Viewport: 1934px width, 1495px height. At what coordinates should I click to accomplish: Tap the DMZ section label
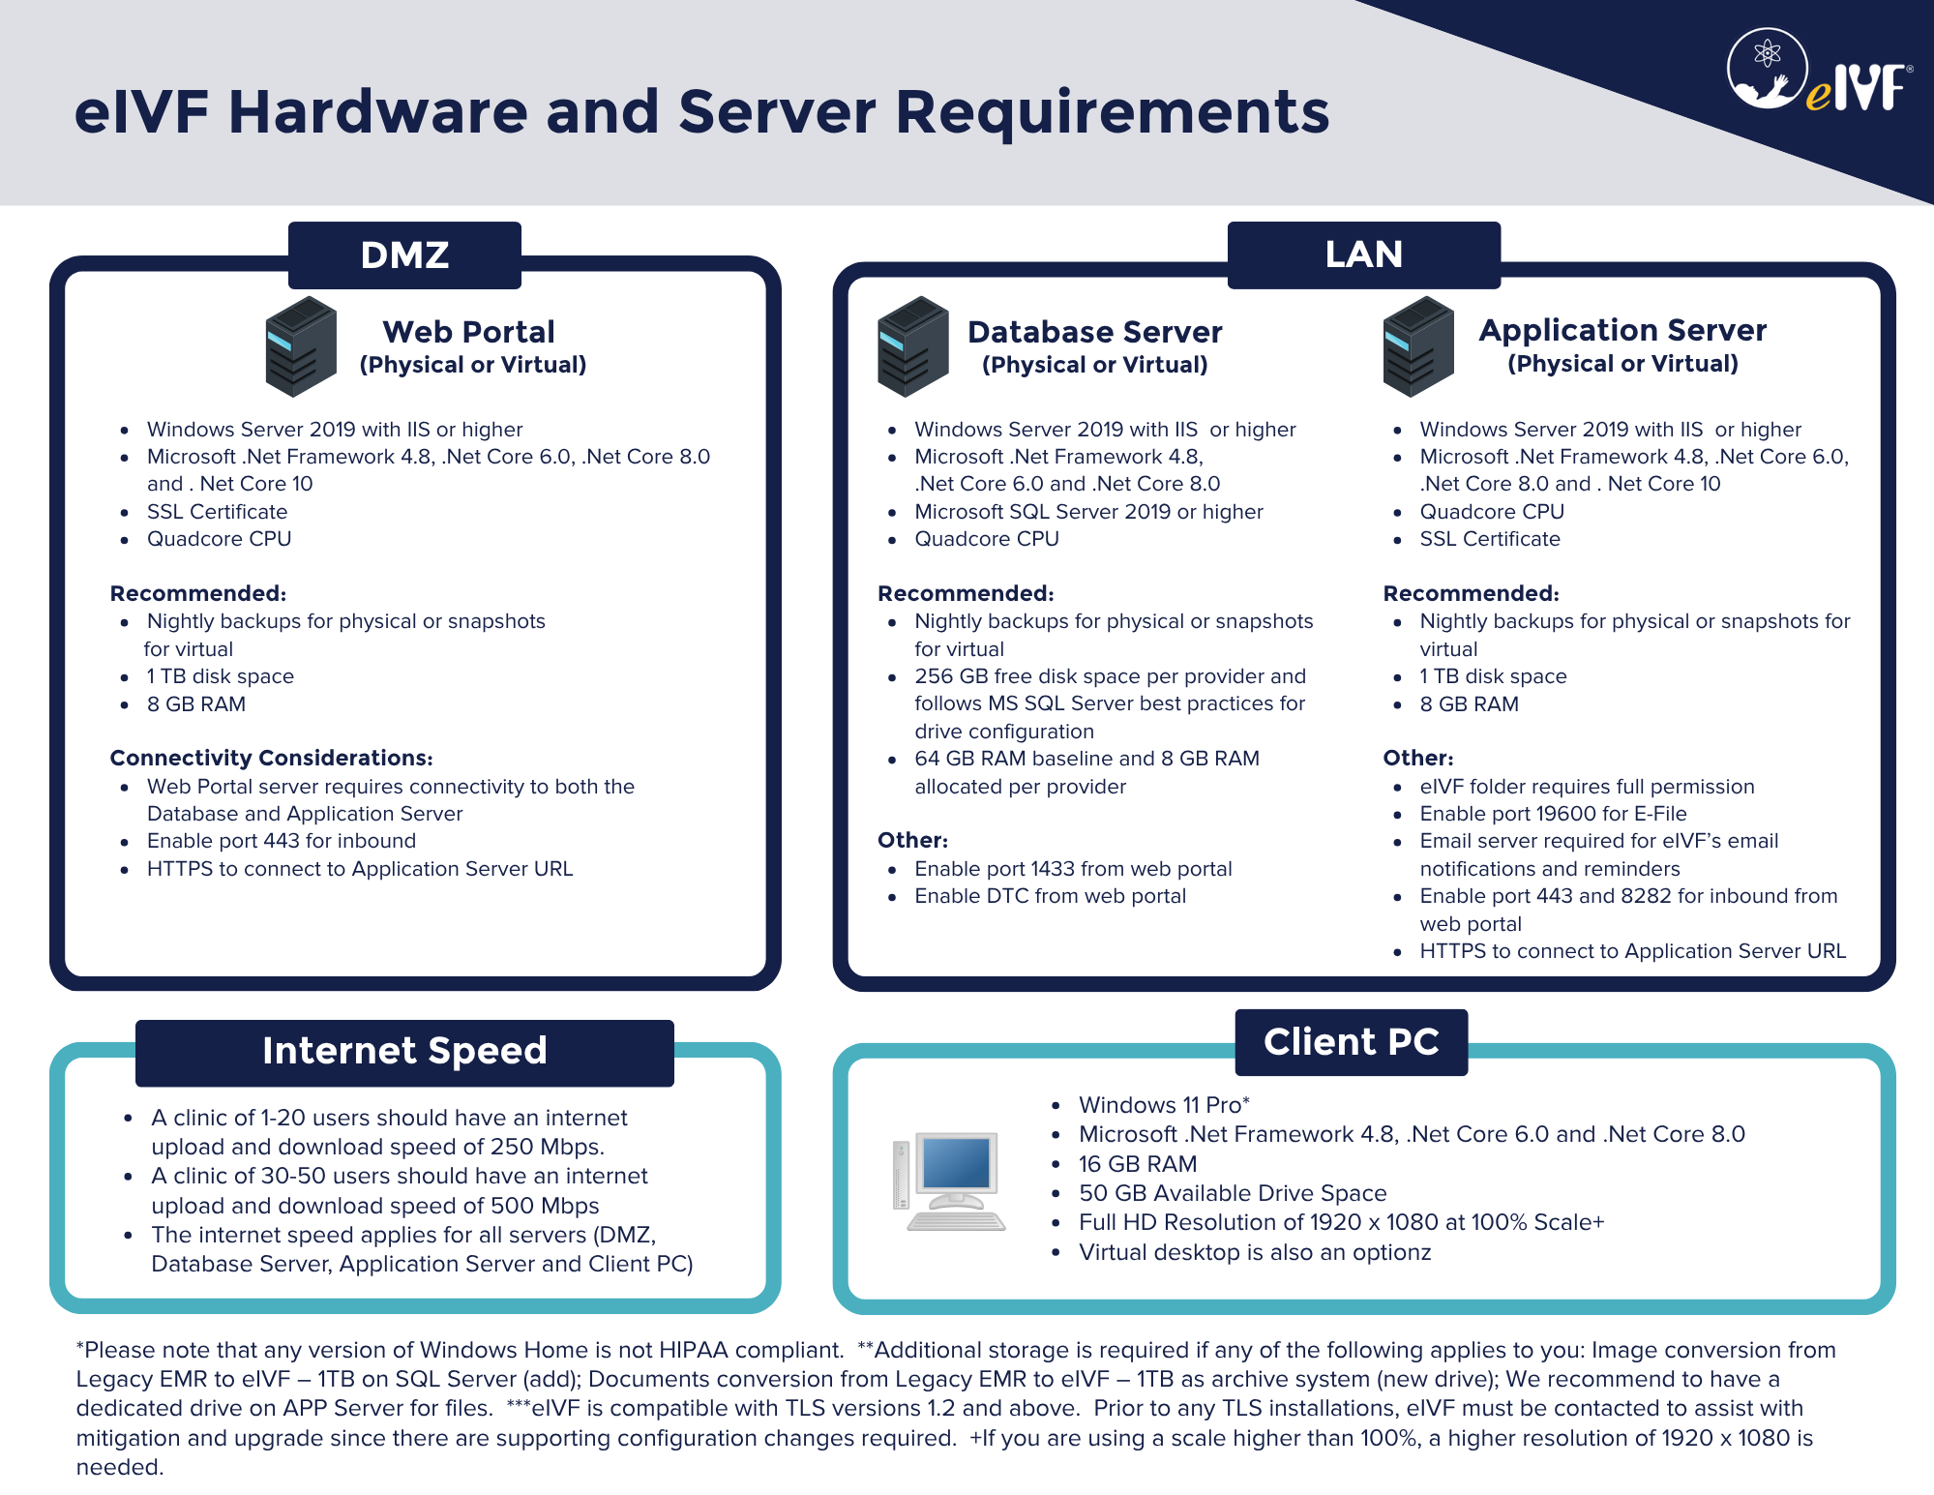(x=404, y=255)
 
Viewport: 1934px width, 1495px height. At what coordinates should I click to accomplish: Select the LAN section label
(x=1364, y=254)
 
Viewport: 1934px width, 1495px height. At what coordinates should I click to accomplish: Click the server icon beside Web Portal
(x=301, y=346)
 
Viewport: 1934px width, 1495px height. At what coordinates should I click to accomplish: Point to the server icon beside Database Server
(x=913, y=346)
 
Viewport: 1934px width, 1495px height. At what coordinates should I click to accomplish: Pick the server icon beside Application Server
(x=1418, y=346)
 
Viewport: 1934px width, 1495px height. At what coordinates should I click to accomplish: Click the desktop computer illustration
(x=949, y=1181)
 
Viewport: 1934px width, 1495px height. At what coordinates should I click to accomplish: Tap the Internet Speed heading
(x=404, y=1051)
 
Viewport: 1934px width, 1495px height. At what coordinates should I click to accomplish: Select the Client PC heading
(x=1352, y=1042)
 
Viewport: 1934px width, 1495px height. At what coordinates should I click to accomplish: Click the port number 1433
(x=1053, y=869)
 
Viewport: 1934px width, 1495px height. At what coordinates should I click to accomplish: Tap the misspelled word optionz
(x=1391, y=1253)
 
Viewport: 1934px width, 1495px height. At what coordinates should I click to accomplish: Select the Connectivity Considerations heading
(x=271, y=758)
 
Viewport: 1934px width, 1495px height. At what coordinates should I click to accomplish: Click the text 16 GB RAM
(x=1138, y=1164)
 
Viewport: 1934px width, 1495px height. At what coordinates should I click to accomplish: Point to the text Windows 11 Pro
(x=1160, y=1105)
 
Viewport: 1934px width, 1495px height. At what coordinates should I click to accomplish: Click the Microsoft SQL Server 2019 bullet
(x=1088, y=512)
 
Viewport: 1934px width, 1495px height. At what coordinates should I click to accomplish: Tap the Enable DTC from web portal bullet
(x=1050, y=896)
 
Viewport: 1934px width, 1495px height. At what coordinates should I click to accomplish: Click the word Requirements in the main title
(x=1113, y=111)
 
